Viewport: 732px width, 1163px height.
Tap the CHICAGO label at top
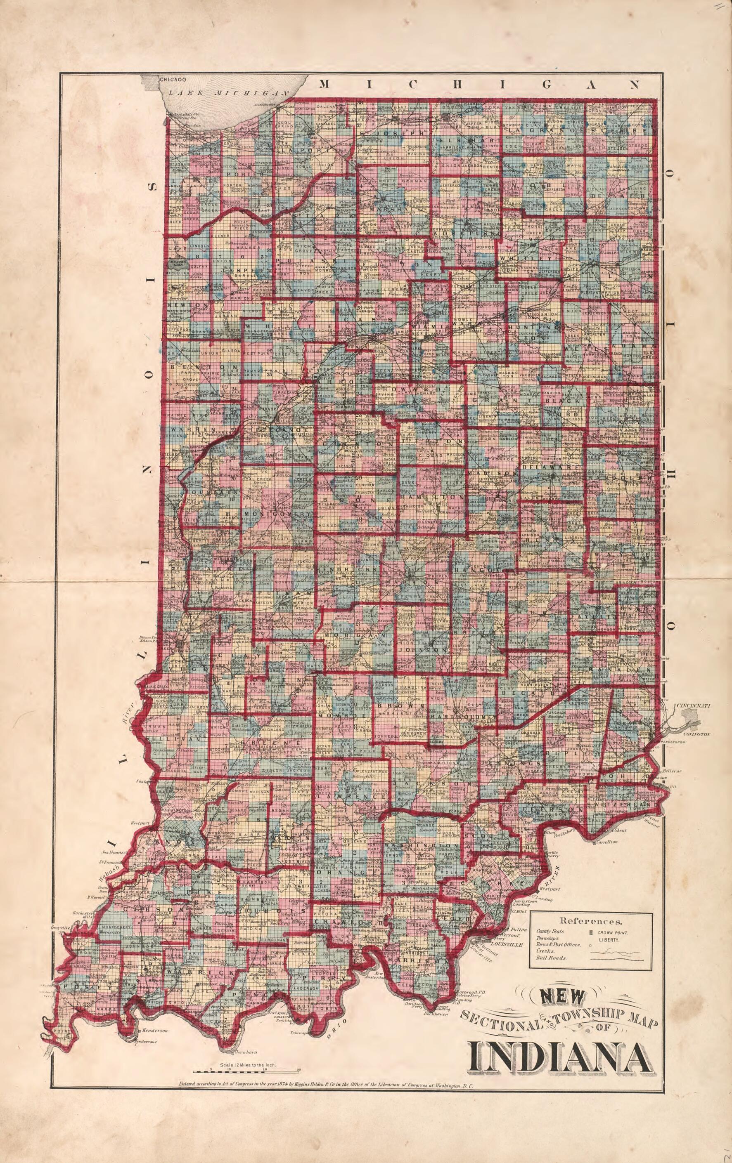173,79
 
